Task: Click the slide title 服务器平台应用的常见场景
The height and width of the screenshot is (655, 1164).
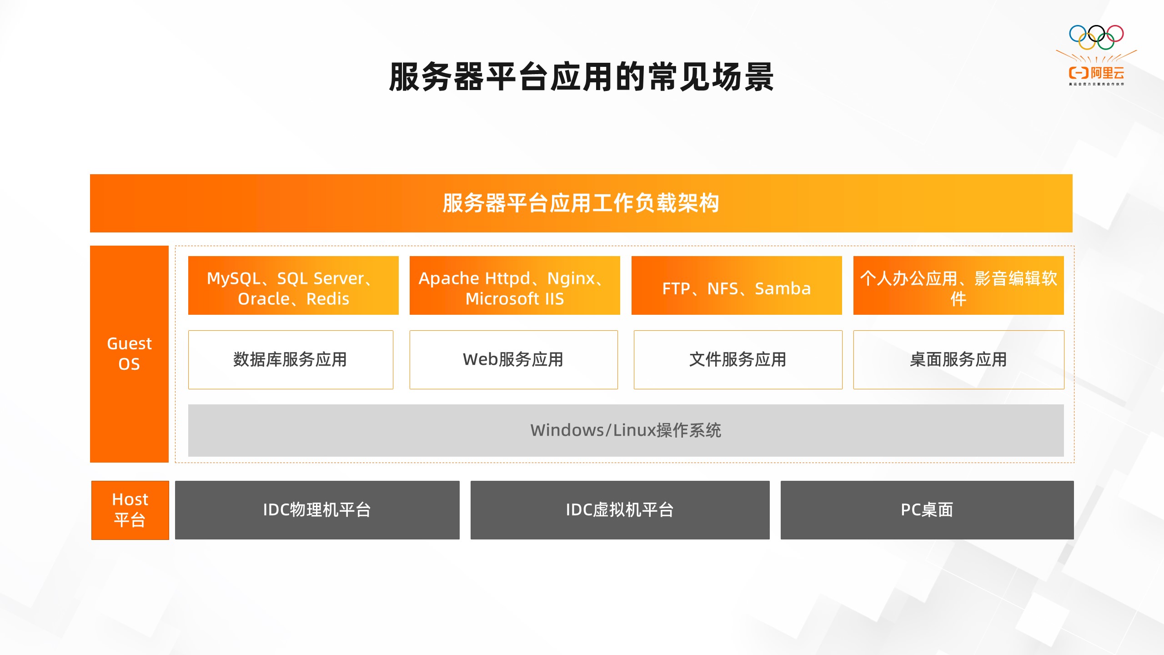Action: tap(581, 77)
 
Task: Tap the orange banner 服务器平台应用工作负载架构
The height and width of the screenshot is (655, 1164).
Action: tap(581, 203)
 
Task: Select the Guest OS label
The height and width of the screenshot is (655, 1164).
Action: tap(129, 354)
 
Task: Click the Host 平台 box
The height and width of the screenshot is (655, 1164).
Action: tap(130, 510)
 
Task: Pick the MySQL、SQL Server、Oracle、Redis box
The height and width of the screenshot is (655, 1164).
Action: tap(293, 285)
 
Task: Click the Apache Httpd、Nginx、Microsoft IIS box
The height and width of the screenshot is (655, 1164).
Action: tap(515, 285)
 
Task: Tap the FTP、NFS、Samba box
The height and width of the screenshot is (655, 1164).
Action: tap(737, 285)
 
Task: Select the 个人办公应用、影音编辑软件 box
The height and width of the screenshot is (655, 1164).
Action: tap(958, 285)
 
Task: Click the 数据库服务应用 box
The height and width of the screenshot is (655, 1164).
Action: tap(291, 360)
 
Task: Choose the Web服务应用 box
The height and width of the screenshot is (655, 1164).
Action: tap(514, 360)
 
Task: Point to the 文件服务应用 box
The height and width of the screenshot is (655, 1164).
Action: tap(738, 360)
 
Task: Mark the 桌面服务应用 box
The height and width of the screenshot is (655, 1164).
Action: tap(959, 360)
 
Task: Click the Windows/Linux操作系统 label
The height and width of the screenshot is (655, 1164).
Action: tap(626, 430)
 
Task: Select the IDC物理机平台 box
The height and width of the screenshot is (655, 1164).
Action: tap(317, 510)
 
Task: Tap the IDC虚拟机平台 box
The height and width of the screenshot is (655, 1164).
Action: tap(620, 510)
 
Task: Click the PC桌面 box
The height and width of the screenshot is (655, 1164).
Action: tap(927, 510)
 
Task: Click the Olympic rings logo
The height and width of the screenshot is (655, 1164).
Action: tap(1096, 37)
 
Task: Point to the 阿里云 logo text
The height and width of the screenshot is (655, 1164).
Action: tap(1108, 73)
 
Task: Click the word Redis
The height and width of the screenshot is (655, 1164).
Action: tap(328, 299)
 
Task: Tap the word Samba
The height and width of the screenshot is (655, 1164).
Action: tap(783, 288)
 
